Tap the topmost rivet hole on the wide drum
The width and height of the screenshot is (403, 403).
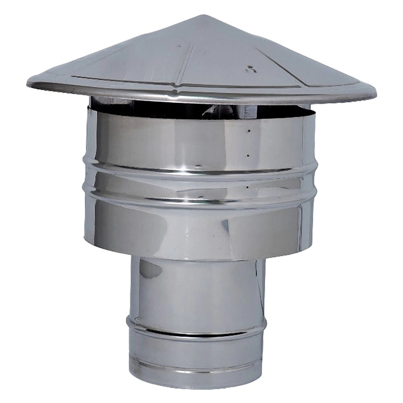249,131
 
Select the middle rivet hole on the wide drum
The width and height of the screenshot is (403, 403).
247,155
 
